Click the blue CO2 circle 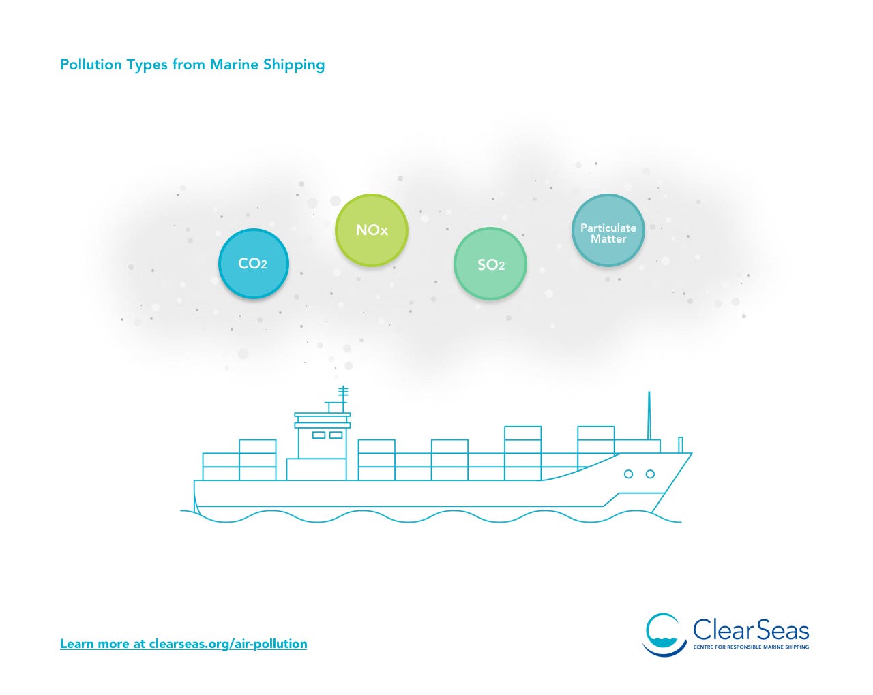[254, 264]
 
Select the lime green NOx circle [371, 230]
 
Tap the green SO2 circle [490, 264]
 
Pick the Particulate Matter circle [608, 230]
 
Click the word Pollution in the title [91, 65]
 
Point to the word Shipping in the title [294, 65]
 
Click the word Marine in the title [234, 65]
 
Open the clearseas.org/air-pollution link [183, 643]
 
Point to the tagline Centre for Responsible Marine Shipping [751, 647]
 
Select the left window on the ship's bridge [319, 435]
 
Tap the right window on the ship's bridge [336, 435]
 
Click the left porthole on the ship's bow [628, 474]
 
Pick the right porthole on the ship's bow [650, 474]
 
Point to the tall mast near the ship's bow [649, 416]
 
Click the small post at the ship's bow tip [680, 444]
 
